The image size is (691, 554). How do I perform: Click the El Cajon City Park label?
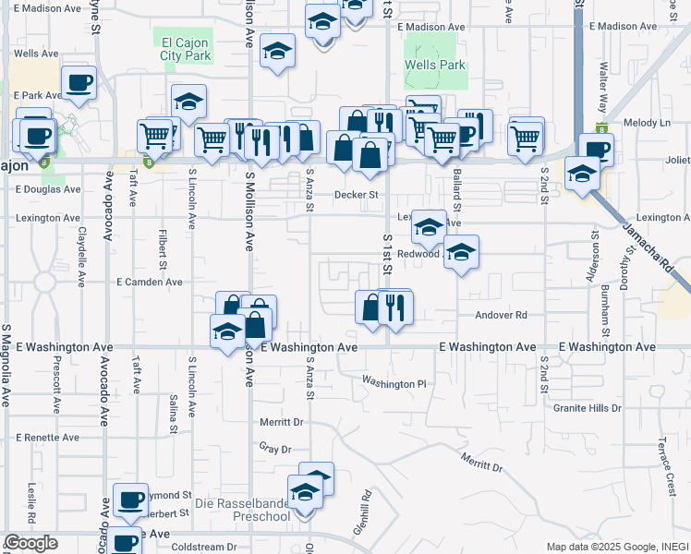[186, 48]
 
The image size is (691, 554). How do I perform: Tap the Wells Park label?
[434, 66]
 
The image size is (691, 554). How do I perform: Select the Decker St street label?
[357, 195]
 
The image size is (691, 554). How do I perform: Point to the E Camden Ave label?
[149, 282]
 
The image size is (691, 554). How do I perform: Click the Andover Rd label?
[500, 315]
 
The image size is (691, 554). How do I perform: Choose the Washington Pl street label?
[394, 383]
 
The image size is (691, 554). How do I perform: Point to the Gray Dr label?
[275, 450]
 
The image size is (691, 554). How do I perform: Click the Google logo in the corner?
[30, 543]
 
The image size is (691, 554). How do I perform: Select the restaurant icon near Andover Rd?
[394, 307]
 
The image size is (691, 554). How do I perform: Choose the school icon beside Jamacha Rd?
[582, 173]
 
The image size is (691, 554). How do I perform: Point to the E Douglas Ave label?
[48, 189]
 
